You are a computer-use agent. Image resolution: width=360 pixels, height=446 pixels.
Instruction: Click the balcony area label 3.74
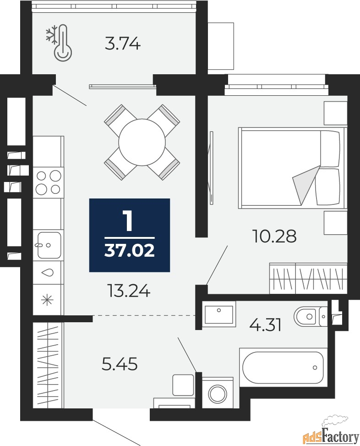[122, 44]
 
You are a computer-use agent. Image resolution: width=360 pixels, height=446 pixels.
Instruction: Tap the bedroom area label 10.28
[274, 237]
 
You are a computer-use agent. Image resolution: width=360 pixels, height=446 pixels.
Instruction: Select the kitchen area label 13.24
[129, 291]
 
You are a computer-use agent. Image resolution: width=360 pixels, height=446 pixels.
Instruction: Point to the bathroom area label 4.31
[265, 325]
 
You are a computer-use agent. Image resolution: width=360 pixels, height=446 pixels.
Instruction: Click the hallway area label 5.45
[120, 364]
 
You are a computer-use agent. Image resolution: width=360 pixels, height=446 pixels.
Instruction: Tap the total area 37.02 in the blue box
[130, 251]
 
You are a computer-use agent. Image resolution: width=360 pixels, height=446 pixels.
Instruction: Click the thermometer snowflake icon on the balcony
[59, 43]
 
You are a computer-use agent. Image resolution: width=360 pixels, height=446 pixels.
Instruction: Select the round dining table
[142, 142]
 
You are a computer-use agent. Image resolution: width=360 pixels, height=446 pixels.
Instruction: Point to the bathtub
[283, 368]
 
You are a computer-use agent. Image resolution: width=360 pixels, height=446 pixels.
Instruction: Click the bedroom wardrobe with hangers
[308, 278]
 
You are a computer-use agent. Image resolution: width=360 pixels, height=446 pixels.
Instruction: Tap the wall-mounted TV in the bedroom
[211, 167]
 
